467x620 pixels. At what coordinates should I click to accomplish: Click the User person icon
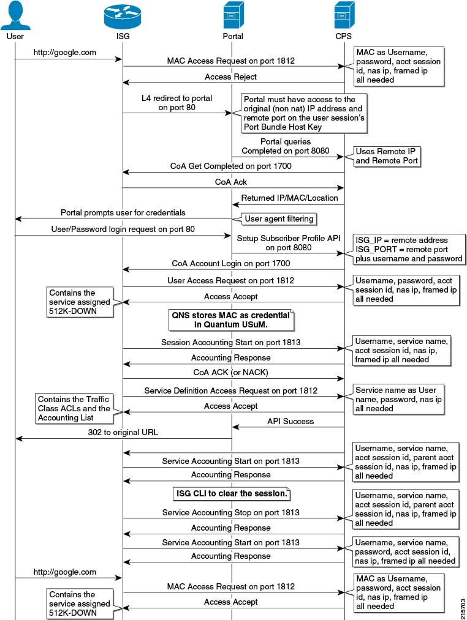pos(15,15)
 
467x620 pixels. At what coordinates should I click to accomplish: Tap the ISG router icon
pos(123,16)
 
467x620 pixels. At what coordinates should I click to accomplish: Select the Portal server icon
pos(233,15)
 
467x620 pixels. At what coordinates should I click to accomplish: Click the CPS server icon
pos(344,15)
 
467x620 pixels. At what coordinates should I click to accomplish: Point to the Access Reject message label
pos(230,77)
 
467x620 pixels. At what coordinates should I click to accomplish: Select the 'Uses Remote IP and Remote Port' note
pos(386,156)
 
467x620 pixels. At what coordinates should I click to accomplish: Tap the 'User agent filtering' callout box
pos(279,218)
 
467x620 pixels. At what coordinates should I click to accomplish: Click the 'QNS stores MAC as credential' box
pos(231,320)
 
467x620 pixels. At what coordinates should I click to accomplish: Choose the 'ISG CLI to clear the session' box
pos(231,493)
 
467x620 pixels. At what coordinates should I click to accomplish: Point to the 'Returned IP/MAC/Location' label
pos(289,198)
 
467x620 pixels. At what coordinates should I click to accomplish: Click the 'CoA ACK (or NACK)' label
pos(230,372)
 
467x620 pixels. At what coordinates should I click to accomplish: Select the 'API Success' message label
pos(290,421)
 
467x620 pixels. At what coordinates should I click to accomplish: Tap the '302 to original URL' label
pos(123,432)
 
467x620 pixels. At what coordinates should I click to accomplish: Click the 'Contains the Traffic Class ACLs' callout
pos(74,408)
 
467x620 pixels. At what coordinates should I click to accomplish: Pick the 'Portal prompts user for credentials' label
pos(123,212)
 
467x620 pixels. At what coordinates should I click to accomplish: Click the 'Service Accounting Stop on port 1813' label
pos(230,512)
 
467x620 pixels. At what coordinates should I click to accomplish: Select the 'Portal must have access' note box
pos(304,113)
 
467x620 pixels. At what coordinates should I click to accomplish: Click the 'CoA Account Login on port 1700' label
pos(230,263)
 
